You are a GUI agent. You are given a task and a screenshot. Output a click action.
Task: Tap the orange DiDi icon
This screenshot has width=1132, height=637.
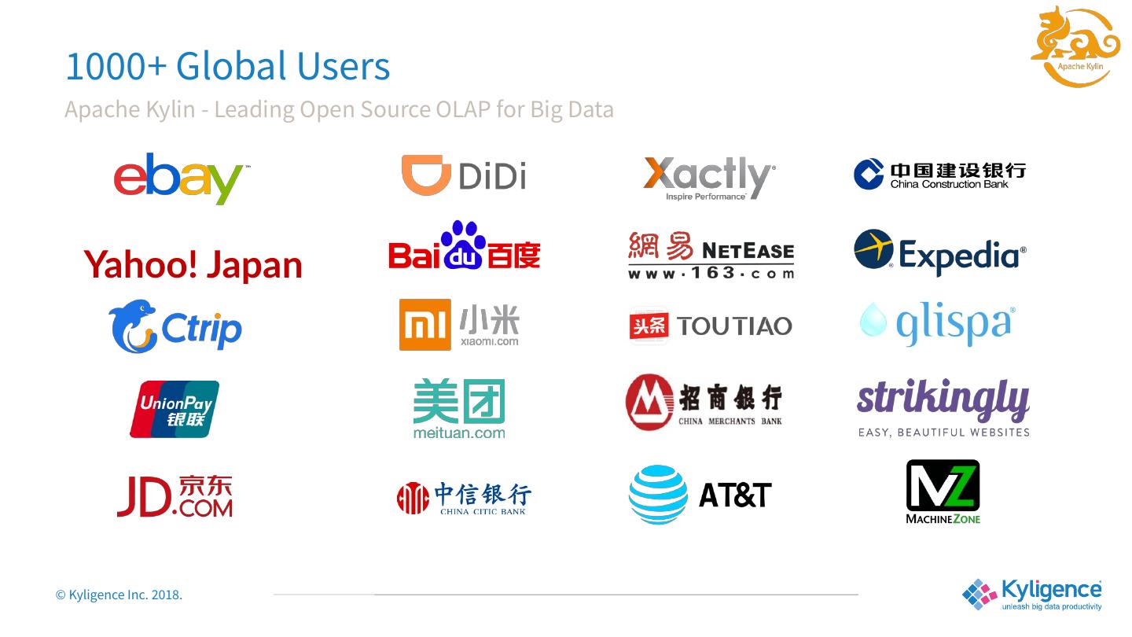click(x=425, y=175)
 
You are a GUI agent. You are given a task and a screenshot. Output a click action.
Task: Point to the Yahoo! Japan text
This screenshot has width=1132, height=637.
click(x=193, y=264)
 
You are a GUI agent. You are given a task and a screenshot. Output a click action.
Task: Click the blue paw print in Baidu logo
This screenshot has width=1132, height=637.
click(x=463, y=245)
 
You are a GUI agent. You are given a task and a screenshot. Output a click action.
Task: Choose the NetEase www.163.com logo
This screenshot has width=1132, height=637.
click(x=711, y=255)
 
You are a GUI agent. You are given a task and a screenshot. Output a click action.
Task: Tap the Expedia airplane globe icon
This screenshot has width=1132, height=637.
click(x=873, y=249)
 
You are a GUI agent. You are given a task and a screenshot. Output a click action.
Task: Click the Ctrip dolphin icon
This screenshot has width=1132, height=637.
click(x=132, y=326)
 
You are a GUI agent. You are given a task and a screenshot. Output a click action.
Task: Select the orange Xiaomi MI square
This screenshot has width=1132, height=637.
click(x=424, y=324)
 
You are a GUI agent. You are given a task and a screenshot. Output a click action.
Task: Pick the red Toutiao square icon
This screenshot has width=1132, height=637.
click(x=649, y=326)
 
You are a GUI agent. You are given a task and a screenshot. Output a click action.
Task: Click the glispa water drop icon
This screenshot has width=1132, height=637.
click(x=873, y=319)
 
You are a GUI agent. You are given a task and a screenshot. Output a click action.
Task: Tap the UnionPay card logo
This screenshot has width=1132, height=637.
click(x=175, y=409)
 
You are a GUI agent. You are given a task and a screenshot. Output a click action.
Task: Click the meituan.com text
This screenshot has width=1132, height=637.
click(x=459, y=433)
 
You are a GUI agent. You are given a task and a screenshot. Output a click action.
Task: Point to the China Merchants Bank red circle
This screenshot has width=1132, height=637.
click(x=649, y=403)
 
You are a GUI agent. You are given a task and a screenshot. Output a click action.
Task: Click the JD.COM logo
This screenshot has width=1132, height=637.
click(x=175, y=495)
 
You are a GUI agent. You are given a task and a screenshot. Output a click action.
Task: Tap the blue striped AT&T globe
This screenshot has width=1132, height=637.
click(x=658, y=495)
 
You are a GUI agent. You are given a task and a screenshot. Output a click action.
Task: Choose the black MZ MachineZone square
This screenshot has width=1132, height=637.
click(x=943, y=485)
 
